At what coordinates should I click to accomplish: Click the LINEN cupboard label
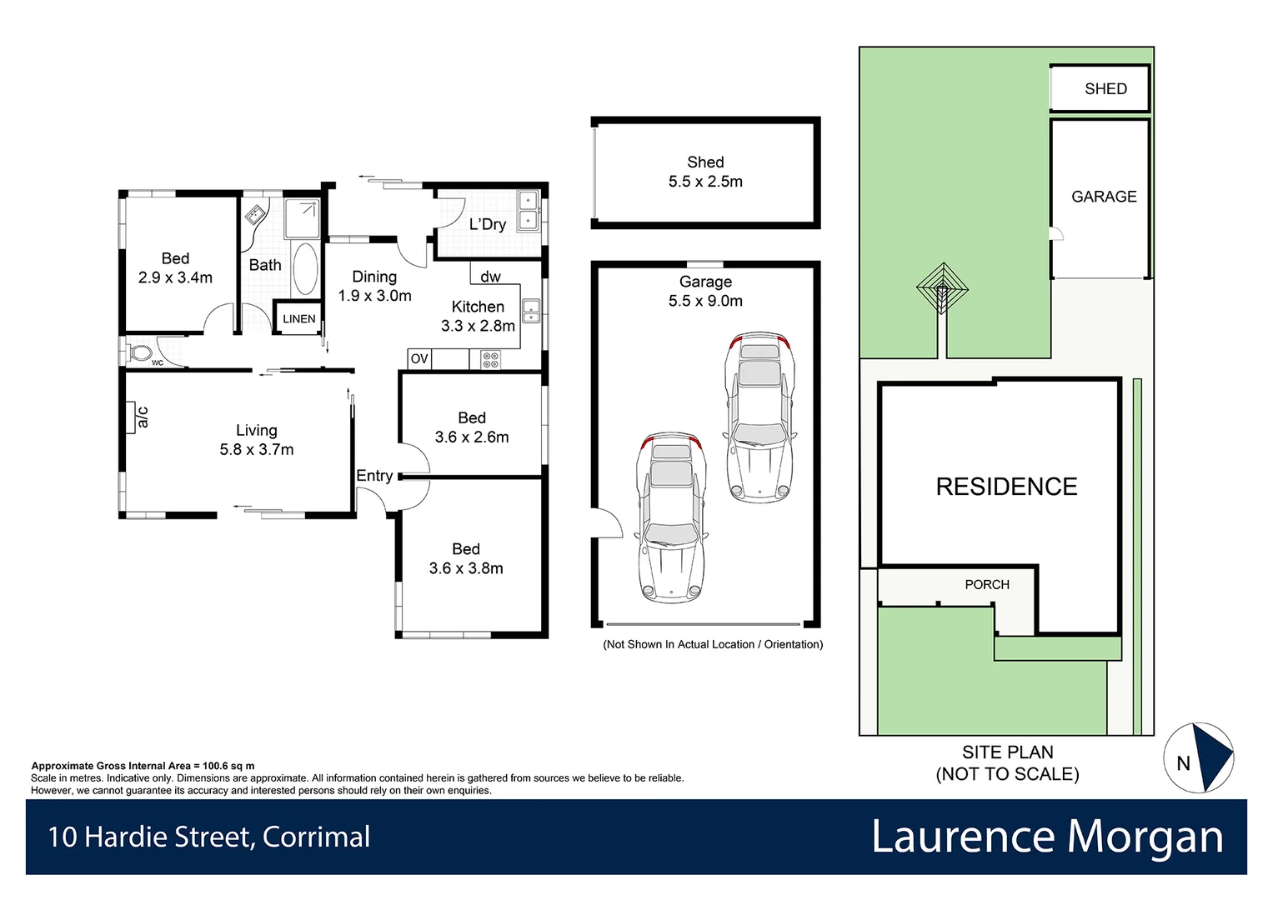pyautogui.click(x=298, y=319)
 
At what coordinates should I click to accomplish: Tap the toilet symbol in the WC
pyautogui.click(x=139, y=352)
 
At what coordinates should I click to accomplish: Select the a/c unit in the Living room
pyautogui.click(x=131, y=417)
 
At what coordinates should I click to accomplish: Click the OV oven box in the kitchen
pyautogui.click(x=419, y=359)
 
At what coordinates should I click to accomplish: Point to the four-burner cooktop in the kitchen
pyautogui.click(x=491, y=360)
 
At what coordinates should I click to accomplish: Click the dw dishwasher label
pyautogui.click(x=490, y=277)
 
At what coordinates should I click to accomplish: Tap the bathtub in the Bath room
pyautogui.click(x=306, y=268)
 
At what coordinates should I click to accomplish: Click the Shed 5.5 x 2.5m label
pyautogui.click(x=705, y=172)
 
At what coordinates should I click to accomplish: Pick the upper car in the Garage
pyautogui.click(x=759, y=417)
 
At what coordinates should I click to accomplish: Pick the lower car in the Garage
pyautogui.click(x=671, y=517)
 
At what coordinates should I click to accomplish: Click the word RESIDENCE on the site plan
pyautogui.click(x=1006, y=487)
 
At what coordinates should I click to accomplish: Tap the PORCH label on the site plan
pyautogui.click(x=987, y=585)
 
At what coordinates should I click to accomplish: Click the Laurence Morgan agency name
pyautogui.click(x=1047, y=837)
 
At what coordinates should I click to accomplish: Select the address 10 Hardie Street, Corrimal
pyautogui.click(x=209, y=837)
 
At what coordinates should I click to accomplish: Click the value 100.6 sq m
pyautogui.click(x=228, y=766)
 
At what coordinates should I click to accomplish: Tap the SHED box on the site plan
pyautogui.click(x=1100, y=88)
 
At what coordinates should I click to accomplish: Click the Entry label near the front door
pyautogui.click(x=374, y=476)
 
